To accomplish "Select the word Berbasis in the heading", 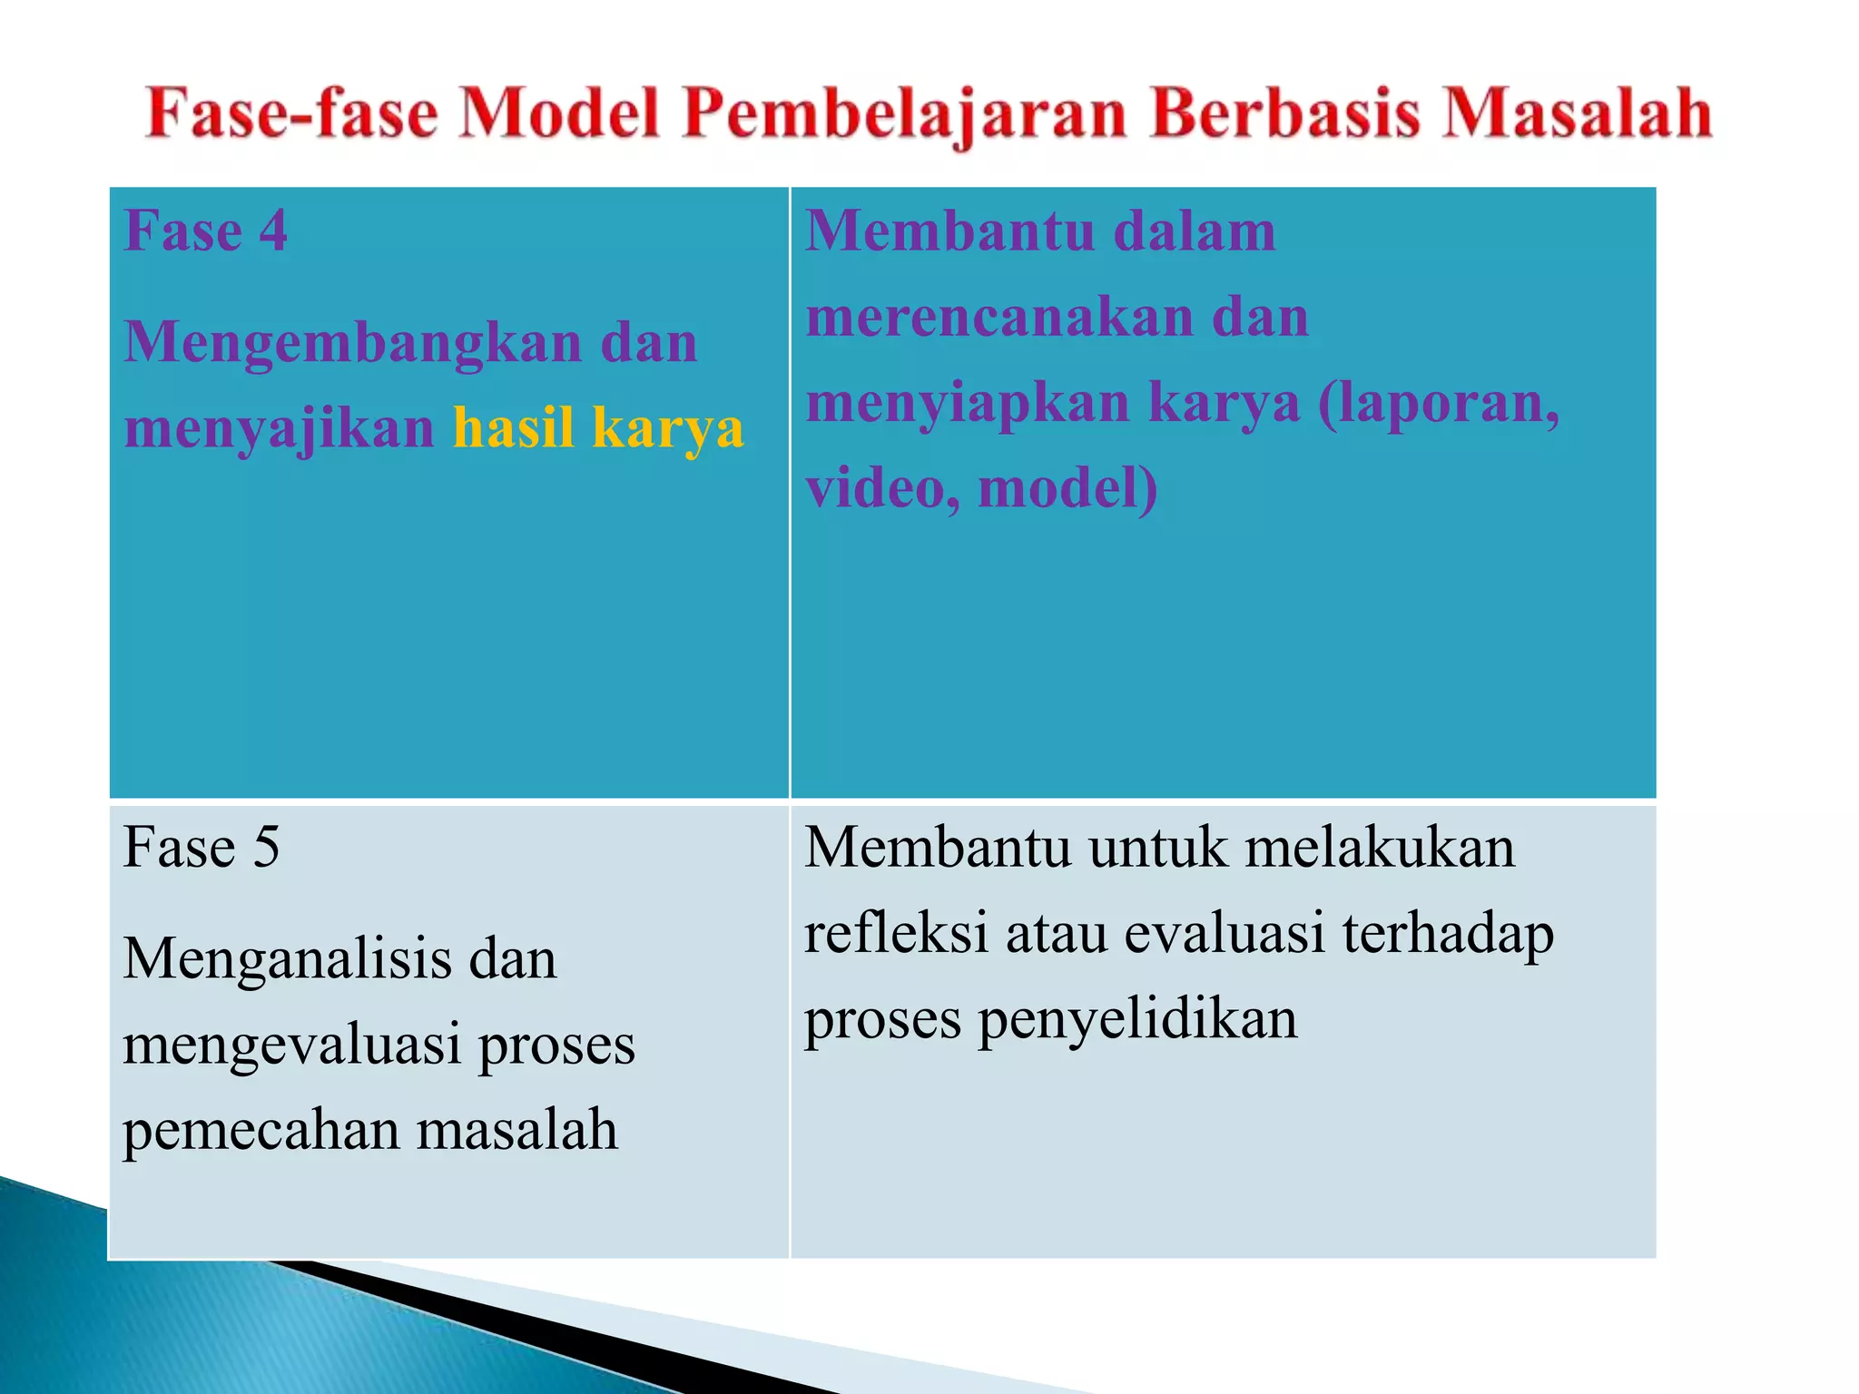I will [x=1284, y=114].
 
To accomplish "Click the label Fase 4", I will [x=206, y=231].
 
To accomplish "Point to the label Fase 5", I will [x=202, y=848].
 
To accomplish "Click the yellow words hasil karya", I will [x=598, y=428].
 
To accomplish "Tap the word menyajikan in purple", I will [x=280, y=428].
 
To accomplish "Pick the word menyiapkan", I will [x=968, y=404].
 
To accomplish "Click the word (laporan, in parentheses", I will [x=1439, y=404].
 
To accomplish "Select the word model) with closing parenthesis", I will [x=1067, y=488].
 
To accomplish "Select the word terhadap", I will [x=1448, y=933].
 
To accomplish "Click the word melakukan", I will [x=1379, y=848].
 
